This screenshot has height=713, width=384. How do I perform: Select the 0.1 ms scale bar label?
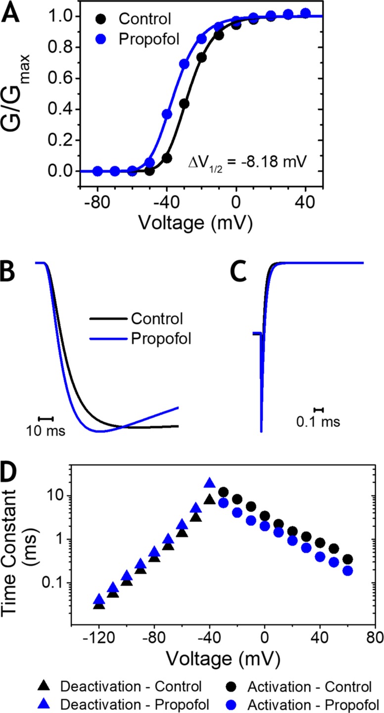(x=318, y=422)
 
